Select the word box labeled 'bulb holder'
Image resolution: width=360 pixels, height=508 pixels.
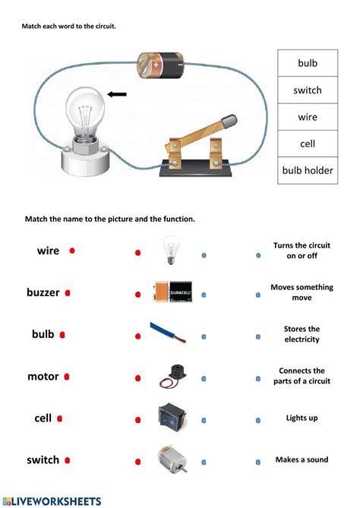pyautogui.click(x=308, y=171)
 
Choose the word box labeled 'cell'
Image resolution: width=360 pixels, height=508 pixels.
pyautogui.click(x=308, y=144)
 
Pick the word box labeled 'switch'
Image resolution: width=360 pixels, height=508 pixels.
pyautogui.click(x=308, y=90)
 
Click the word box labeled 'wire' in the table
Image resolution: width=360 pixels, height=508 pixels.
pyautogui.click(x=308, y=117)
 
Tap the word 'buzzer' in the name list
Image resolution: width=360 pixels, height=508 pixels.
pyautogui.click(x=43, y=292)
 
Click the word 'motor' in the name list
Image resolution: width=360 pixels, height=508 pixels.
pyautogui.click(x=43, y=376)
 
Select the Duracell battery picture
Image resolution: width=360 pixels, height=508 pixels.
pyautogui.click(x=173, y=292)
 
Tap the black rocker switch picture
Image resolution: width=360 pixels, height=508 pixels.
pyautogui.click(x=169, y=417)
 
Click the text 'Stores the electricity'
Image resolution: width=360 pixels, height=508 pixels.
pyautogui.click(x=302, y=334)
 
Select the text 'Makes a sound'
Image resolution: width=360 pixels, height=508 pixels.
pyautogui.click(x=302, y=459)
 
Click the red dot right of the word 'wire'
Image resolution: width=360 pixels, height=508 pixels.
pyautogui.click(x=72, y=251)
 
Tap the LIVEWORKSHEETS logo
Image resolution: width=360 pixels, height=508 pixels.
pyautogui.click(x=52, y=501)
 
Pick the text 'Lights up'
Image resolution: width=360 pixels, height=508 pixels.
pyautogui.click(x=302, y=418)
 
